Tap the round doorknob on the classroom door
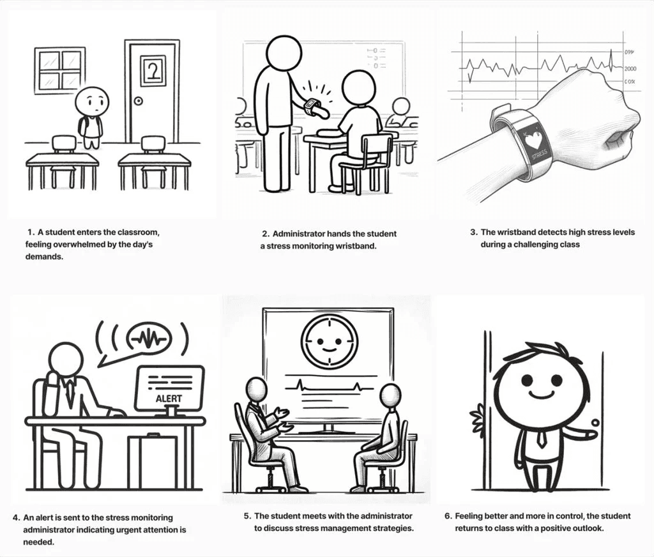138,100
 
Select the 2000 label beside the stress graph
630,68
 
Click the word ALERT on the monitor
169,399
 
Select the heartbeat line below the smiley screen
330,386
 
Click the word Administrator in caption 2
299,234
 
